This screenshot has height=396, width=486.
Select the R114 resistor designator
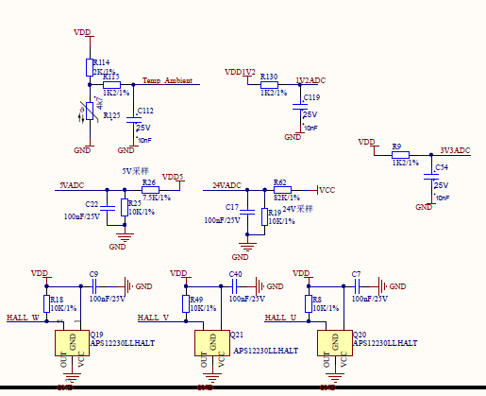(x=102, y=61)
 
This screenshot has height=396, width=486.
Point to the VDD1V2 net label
(x=240, y=72)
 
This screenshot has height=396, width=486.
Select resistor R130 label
(x=269, y=77)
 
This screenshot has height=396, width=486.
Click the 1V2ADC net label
(x=310, y=81)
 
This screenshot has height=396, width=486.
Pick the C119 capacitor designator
(x=311, y=97)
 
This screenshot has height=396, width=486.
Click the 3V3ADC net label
(x=455, y=150)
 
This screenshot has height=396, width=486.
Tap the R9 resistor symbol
(x=400, y=155)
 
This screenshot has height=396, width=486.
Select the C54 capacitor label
(x=441, y=166)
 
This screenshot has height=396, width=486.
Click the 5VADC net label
(x=72, y=185)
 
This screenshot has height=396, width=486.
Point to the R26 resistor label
(x=149, y=182)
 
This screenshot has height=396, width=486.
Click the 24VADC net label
(x=226, y=185)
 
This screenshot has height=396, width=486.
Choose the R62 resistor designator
(x=279, y=181)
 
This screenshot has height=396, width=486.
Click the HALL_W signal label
(x=23, y=318)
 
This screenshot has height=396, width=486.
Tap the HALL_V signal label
(x=153, y=318)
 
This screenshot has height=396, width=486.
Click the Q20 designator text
(x=360, y=335)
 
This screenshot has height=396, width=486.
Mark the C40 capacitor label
(x=236, y=274)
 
